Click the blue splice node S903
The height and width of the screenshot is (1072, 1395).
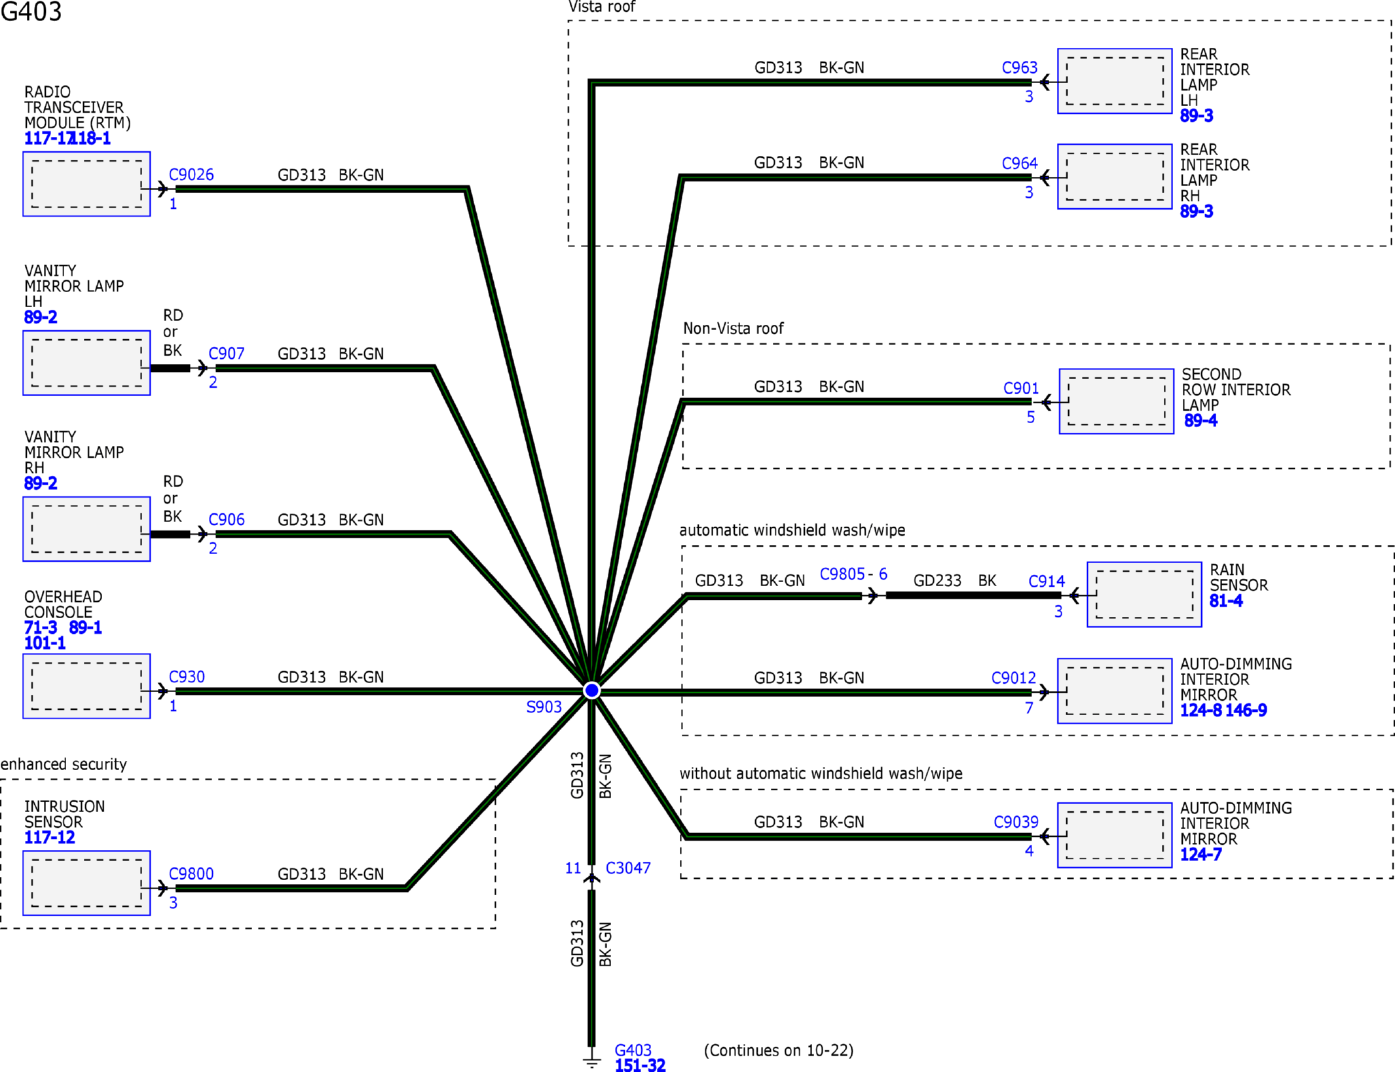591,690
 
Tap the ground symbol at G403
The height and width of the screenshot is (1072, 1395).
591,1061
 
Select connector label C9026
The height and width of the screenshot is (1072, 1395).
191,175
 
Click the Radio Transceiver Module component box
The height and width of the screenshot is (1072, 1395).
86,184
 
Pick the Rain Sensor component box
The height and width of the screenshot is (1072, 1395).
1144,595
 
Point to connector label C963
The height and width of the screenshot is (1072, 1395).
1020,67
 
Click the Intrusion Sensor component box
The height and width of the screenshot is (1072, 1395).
86,883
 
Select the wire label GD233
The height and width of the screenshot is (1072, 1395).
937,581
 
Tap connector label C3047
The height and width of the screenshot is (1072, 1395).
628,868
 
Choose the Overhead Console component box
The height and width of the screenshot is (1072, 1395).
86,686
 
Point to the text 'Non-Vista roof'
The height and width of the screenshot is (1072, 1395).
733,329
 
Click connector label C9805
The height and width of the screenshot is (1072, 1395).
842,574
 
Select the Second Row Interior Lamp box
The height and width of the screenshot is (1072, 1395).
1117,401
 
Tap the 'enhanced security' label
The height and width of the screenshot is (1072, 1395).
64,765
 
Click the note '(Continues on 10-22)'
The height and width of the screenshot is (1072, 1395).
779,1051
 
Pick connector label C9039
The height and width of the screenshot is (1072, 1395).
1016,822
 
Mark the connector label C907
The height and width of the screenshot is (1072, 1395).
227,354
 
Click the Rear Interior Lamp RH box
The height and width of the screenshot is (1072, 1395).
1115,177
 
